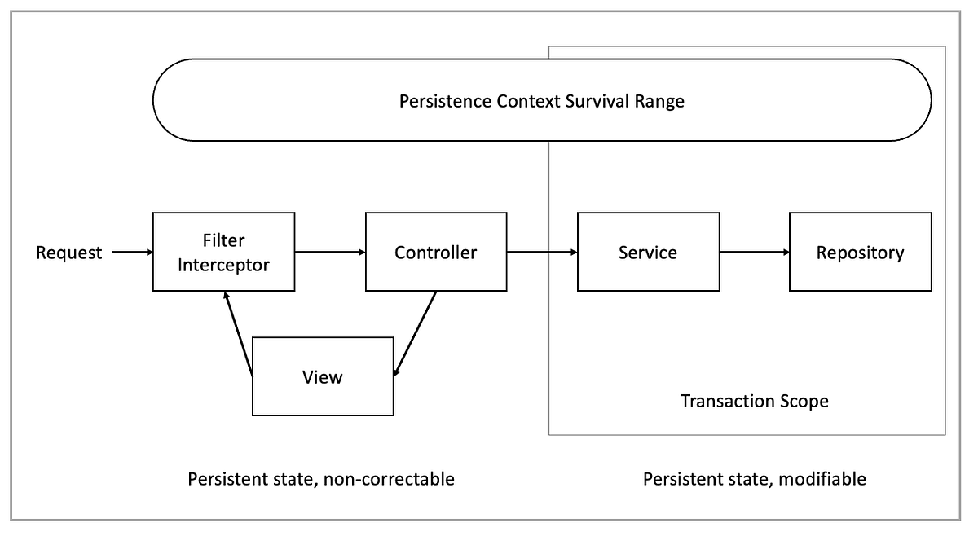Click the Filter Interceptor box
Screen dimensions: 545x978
[223, 252]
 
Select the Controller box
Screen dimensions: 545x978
[435, 252]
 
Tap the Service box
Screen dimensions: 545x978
[648, 252]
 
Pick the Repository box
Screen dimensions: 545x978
[860, 252]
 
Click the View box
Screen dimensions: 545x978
[323, 376]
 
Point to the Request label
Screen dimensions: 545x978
[69, 253]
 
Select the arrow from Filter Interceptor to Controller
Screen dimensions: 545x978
[330, 253]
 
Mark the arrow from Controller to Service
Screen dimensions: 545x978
[542, 253]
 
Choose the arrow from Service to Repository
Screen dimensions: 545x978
[754, 253]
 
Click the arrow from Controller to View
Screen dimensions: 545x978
[416, 334]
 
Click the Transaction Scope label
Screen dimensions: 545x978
[754, 402]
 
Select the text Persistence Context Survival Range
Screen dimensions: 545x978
[542, 102]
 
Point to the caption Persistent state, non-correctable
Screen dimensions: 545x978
[321, 479]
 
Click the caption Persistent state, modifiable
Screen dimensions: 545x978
[754, 479]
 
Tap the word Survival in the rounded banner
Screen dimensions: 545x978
[601, 102]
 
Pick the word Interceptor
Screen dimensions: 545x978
[223, 264]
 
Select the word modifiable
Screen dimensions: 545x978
[823, 479]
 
